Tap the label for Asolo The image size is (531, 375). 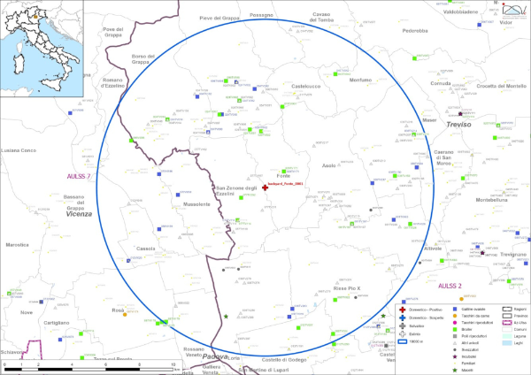tap(328, 165)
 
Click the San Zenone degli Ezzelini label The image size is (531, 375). tap(235, 191)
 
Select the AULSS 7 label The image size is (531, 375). tap(79, 177)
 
